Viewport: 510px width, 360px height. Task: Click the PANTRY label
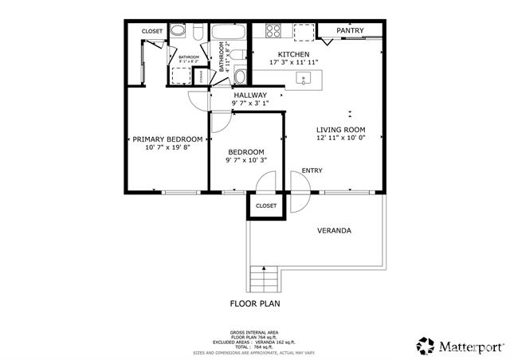click(x=350, y=31)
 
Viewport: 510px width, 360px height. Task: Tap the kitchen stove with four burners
click(x=273, y=31)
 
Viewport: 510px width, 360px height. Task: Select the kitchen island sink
click(x=304, y=78)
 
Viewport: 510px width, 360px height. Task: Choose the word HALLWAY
click(x=250, y=95)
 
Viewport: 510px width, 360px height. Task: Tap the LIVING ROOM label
click(x=340, y=130)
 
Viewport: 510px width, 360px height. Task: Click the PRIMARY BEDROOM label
click(x=167, y=139)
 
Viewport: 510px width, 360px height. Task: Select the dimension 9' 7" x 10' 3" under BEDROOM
click(x=245, y=160)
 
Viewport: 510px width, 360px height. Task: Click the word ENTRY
click(x=312, y=170)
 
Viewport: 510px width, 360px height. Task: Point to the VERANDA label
click(x=334, y=231)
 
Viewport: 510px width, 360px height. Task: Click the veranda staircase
click(x=263, y=278)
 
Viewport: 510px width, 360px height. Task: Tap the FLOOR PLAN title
click(x=255, y=303)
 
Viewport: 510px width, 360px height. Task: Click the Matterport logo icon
click(x=426, y=346)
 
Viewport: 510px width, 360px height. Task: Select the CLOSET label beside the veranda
click(x=265, y=205)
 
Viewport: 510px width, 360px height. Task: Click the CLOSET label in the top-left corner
click(x=152, y=31)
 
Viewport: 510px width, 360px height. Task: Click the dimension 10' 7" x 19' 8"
click(x=167, y=147)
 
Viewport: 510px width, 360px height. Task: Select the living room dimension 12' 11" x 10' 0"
click(x=340, y=138)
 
